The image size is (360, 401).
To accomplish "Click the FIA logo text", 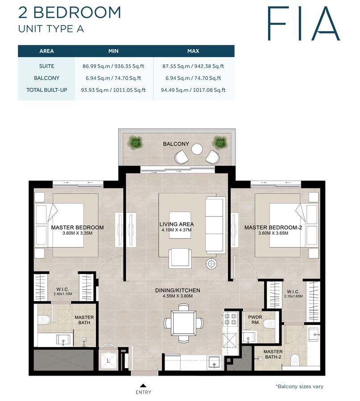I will click(x=303, y=23).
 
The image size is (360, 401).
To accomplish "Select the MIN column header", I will click(x=113, y=51).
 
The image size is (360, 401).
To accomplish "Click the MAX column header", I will click(x=193, y=51).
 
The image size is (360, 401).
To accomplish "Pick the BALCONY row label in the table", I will click(x=46, y=78).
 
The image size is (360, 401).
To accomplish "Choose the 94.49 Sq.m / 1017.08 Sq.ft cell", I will click(x=193, y=90).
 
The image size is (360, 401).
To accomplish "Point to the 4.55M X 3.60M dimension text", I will click(x=177, y=296).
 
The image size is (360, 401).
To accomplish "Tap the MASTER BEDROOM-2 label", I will click(x=273, y=228).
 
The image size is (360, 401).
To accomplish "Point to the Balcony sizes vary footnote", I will click(x=299, y=387).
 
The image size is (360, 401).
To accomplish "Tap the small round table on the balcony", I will click(x=197, y=150).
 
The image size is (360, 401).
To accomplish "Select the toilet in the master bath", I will click(x=43, y=319).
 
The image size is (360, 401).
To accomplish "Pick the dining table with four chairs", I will click(x=183, y=322).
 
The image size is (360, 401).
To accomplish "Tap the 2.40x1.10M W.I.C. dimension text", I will click(x=62, y=294).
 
